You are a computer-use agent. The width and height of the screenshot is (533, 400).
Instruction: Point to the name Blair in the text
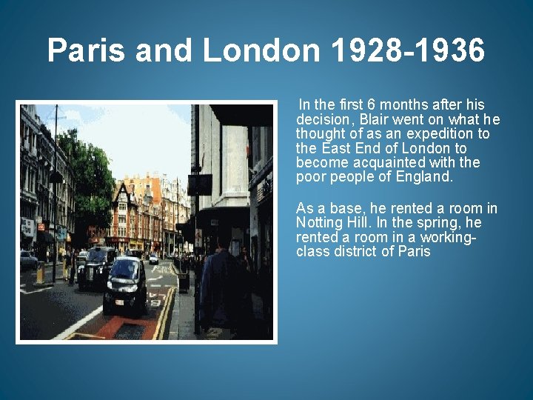[x=380, y=119]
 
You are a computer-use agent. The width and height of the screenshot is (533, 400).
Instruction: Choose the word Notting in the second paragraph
[x=321, y=223]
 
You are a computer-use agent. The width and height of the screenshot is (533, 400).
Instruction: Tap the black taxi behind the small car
[x=97, y=267]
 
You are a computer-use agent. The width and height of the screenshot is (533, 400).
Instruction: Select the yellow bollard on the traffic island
[x=40, y=273]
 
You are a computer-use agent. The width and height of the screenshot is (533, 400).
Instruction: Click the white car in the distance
[x=153, y=259]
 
